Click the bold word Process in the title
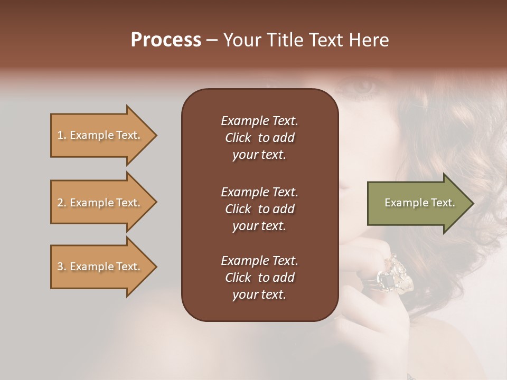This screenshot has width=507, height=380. [x=166, y=40]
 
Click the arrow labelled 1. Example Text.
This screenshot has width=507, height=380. [x=100, y=136]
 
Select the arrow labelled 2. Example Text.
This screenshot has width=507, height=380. [x=100, y=203]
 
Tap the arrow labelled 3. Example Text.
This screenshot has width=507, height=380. [x=100, y=267]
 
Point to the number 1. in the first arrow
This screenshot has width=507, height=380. [x=62, y=136]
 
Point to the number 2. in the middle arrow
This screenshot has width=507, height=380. [x=62, y=203]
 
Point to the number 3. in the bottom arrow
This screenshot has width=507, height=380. [x=62, y=267]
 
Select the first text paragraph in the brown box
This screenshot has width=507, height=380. [x=259, y=138]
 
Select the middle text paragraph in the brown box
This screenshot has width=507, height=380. [x=259, y=209]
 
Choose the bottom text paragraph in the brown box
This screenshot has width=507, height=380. [x=259, y=278]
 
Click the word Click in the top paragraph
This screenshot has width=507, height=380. [x=238, y=138]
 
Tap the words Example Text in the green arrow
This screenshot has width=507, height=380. [x=419, y=203]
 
